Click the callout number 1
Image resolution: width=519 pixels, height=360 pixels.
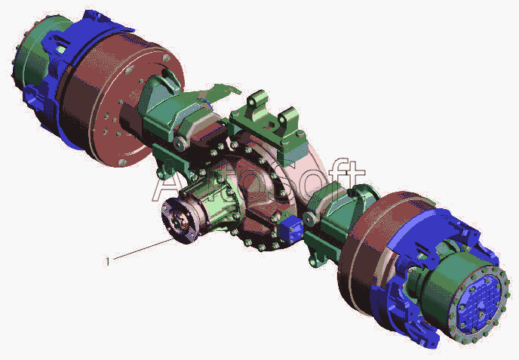pyautogui.click(x=107, y=262)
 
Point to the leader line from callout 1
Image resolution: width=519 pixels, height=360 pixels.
pyautogui.click(x=143, y=249)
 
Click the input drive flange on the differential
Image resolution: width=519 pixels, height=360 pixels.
pyautogui.click(x=180, y=220)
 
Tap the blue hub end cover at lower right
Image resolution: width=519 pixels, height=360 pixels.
pyautogui.click(x=477, y=306)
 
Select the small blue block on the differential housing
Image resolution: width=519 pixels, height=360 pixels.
pyautogui.click(x=291, y=230)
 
